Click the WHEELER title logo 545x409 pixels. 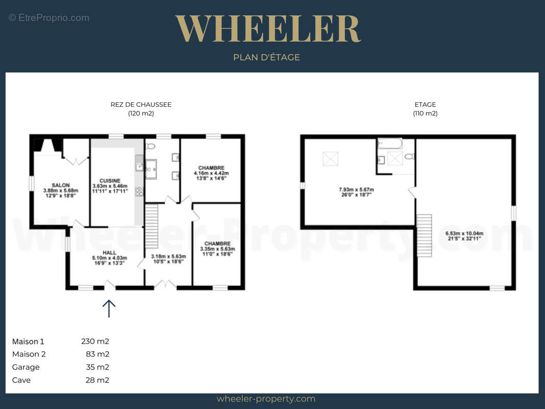point(268,29)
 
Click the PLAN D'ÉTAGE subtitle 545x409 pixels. point(266,57)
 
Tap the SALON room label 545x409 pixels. point(61,190)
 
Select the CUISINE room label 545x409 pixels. point(110,186)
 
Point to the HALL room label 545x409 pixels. point(109,258)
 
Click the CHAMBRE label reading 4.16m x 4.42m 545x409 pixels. point(211,173)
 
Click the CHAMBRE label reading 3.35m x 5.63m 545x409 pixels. point(218,249)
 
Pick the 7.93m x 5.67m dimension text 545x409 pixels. point(357,192)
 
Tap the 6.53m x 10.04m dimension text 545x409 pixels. point(464,236)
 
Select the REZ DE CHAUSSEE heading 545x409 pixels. point(141,105)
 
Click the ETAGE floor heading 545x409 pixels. point(425,105)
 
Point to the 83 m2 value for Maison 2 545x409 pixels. point(98,354)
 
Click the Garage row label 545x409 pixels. point(26,367)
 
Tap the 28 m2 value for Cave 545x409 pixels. point(97,380)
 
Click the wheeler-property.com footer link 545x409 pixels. point(266,399)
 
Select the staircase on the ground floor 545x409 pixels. point(151,226)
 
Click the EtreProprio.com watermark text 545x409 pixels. point(49,18)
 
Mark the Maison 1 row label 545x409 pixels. point(28,342)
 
